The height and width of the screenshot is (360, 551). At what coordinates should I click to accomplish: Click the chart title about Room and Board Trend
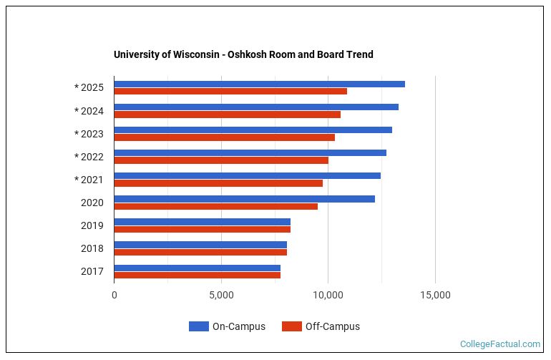[243, 54]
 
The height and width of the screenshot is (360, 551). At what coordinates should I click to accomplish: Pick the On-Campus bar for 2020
[244, 199]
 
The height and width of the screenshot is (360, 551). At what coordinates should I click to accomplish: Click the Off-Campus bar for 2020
[215, 206]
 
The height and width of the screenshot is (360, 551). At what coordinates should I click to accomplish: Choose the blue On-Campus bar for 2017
[197, 268]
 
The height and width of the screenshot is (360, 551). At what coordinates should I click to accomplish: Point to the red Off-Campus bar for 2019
[202, 229]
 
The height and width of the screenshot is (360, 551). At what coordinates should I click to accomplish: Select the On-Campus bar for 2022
[250, 153]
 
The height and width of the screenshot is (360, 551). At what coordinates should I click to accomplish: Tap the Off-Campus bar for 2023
[224, 137]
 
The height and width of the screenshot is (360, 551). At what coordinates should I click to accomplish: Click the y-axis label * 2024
[89, 111]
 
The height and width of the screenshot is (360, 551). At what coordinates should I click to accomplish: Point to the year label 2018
[92, 248]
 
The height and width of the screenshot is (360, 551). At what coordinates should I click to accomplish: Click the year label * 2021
[89, 180]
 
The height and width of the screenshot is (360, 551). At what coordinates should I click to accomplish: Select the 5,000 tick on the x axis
[221, 295]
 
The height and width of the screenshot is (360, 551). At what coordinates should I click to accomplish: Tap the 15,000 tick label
[435, 295]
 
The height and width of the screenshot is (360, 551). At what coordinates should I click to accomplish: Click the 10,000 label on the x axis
[328, 295]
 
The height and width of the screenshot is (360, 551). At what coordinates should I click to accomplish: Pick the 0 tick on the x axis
[114, 295]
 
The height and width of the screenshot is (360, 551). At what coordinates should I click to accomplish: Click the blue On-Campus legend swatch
[198, 326]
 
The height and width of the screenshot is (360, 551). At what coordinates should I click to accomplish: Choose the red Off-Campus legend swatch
[291, 326]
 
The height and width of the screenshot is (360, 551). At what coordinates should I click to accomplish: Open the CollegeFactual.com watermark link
[499, 344]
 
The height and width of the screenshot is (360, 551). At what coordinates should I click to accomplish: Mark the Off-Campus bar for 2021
[218, 183]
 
